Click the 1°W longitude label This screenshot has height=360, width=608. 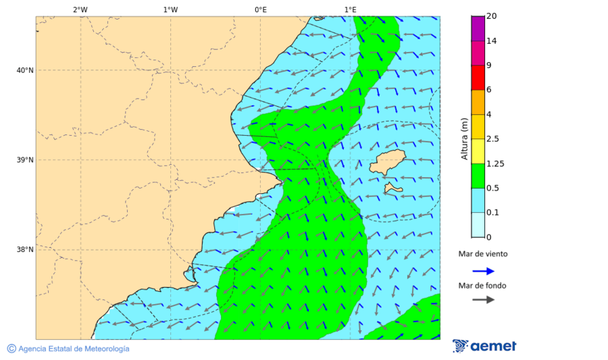[x=170, y=9]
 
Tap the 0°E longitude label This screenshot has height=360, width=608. [x=260, y=9]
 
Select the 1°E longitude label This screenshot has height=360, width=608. [x=350, y=9]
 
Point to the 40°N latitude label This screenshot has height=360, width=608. [x=24, y=70]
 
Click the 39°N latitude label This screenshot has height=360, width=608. [x=24, y=160]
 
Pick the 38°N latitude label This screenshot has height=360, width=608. [x=24, y=250]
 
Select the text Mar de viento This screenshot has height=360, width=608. [x=482, y=255]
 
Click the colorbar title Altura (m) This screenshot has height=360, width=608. [x=464, y=138]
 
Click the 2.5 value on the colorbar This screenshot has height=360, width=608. [x=492, y=139]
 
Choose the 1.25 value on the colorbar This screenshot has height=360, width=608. [x=495, y=163]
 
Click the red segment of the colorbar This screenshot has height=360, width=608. [x=478, y=77]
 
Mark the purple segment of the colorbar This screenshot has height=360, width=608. [x=478, y=28]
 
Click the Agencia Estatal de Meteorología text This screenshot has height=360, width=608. [x=68, y=349]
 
